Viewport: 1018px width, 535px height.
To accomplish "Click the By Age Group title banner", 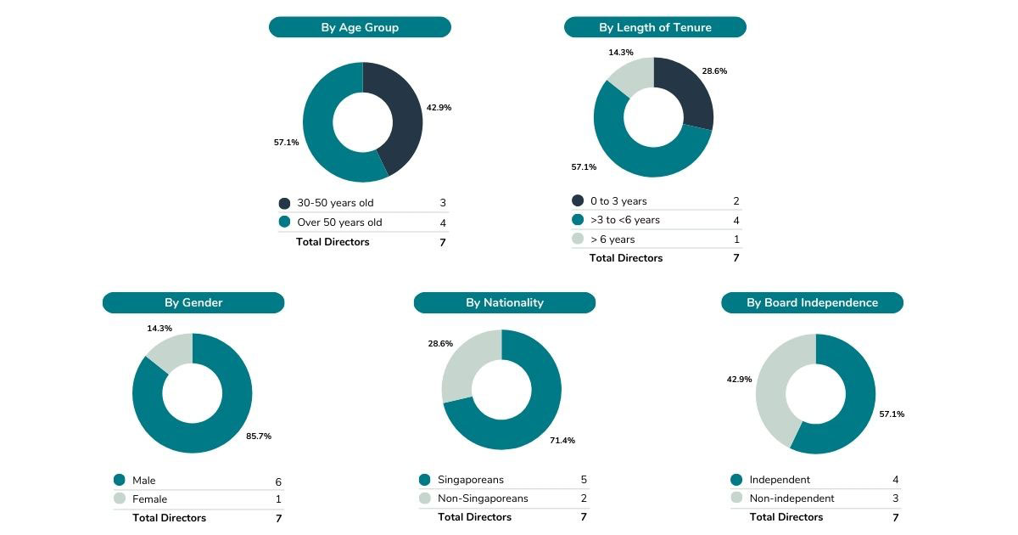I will point(360,27).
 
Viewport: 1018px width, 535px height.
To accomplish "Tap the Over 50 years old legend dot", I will point(284,222).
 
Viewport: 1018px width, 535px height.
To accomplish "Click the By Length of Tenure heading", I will point(655,27).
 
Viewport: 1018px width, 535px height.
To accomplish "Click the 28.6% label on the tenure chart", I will point(713,71).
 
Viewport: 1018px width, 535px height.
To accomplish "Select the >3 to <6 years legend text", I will point(625,220).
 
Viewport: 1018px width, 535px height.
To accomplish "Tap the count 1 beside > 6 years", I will point(736,239).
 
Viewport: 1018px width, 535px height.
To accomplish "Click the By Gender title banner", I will point(193,302).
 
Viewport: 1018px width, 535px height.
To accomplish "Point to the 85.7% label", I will point(259,436).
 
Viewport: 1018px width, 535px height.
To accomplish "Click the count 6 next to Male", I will point(278,481).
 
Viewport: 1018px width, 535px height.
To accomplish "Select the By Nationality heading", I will point(505,302).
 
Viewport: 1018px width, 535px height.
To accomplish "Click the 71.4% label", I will point(562,440).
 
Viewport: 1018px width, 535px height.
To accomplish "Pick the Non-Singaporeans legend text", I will point(483,498).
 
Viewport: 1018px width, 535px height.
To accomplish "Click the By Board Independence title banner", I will point(812,302).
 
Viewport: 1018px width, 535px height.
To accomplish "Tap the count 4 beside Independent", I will point(895,480).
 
